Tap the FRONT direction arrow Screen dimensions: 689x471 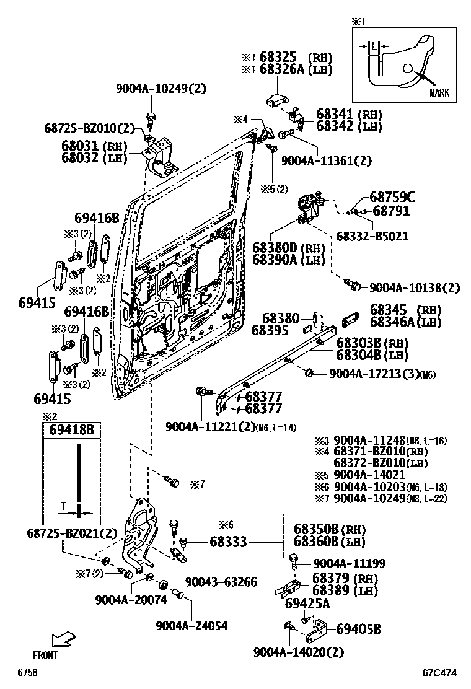63,639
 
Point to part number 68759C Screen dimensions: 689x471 392,198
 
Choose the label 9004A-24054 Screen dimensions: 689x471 191,626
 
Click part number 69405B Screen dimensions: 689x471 358,630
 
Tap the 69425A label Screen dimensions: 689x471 307,603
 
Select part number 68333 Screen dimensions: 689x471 227,542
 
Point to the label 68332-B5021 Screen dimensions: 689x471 372,236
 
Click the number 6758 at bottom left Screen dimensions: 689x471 28,672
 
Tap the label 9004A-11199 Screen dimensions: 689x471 350,563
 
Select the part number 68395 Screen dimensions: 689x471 271,331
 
